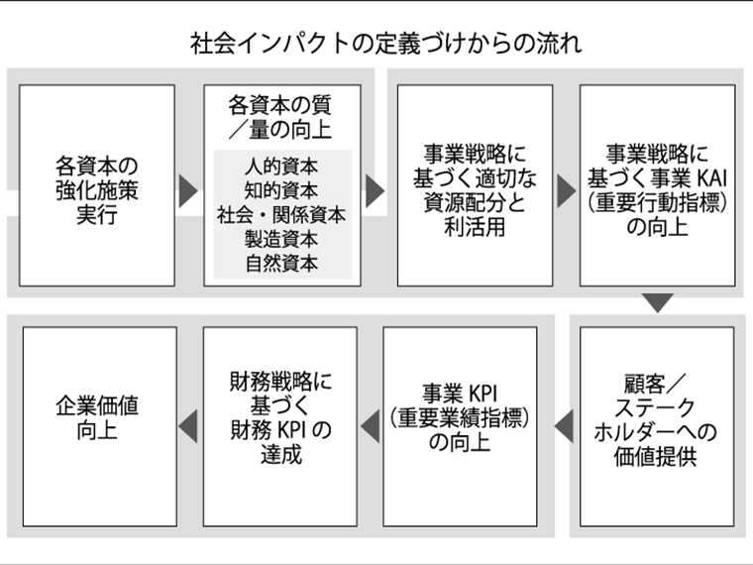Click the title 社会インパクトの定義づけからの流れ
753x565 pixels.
click(x=385, y=44)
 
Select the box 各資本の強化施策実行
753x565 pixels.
click(x=97, y=186)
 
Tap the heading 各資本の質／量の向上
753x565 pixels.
click(x=280, y=118)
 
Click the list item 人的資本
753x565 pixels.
click(x=281, y=167)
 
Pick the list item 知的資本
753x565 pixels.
click(x=281, y=190)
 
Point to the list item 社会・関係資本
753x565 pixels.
click(x=281, y=215)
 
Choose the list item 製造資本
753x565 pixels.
click(x=281, y=239)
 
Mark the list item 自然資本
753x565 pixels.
click(x=281, y=264)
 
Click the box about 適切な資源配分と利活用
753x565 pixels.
click(x=475, y=186)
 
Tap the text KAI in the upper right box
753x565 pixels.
click(x=711, y=178)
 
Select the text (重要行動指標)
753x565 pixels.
click(x=658, y=203)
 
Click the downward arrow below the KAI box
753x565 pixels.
click(x=658, y=302)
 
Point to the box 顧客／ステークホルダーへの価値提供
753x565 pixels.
click(x=657, y=426)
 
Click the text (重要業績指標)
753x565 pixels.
click(x=460, y=418)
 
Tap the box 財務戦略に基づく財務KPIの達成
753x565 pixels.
click(x=280, y=426)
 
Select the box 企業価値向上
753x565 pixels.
click(x=100, y=426)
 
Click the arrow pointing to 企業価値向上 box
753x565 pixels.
click(x=188, y=426)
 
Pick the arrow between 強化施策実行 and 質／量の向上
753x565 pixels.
click(x=188, y=190)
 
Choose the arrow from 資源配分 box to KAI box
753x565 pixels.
click(x=567, y=190)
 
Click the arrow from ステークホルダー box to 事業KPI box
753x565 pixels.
click(x=564, y=426)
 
